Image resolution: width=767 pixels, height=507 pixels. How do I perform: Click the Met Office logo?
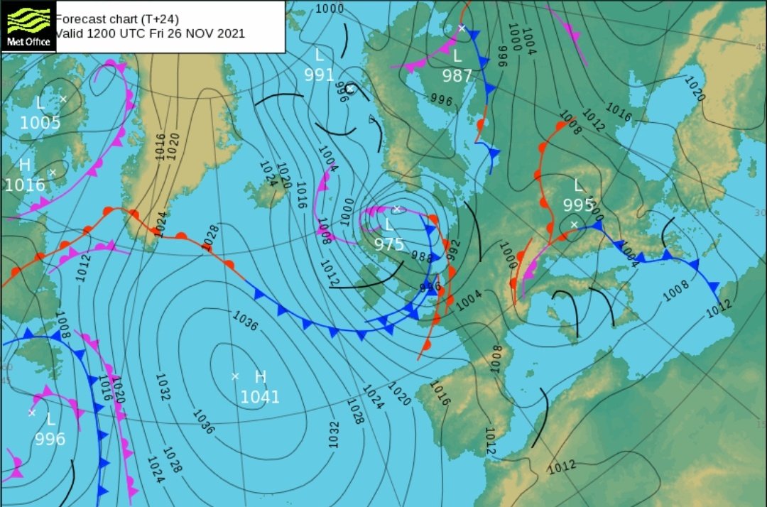pos(28,26)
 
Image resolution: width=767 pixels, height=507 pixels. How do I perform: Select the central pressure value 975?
pos(388,245)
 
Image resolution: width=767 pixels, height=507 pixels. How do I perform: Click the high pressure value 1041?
pos(260,397)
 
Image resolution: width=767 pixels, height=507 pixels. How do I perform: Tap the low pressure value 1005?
pos(40,123)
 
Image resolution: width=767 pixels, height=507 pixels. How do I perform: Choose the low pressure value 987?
pos(457,75)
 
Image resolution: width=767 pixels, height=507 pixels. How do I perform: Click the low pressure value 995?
pos(579,205)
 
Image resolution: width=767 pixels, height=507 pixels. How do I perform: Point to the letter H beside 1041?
pos(260,376)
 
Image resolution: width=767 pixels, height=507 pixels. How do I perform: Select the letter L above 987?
pos(457,55)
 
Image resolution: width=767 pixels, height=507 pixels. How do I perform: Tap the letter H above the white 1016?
pos(25,165)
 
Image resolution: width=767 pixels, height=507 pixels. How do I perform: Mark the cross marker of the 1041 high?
pos(235,376)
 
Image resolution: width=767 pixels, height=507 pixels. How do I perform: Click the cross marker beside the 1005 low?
pos(63,99)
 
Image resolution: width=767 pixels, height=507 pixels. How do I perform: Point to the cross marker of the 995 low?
pos(574,225)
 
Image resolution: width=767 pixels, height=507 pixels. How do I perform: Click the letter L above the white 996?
pos(50,419)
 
